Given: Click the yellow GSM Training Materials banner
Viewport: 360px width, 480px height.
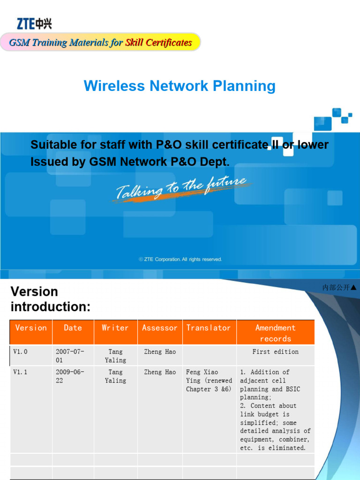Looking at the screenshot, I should coord(100,43).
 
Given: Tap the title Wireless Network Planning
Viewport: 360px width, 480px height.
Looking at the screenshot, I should coord(180,86).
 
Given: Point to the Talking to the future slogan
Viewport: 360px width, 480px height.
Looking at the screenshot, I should coord(181,188).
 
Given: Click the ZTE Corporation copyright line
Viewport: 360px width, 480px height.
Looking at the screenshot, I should coord(180,259).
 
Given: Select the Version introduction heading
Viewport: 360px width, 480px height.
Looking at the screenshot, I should coord(50,299).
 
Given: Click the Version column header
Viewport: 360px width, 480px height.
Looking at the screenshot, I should coord(31,328).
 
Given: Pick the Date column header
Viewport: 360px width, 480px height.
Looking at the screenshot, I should coord(73,328).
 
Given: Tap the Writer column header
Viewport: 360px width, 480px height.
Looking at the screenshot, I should coord(115,328).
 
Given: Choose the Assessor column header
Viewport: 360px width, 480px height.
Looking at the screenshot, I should coord(159,328).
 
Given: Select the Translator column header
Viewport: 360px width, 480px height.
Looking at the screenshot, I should coord(209,328).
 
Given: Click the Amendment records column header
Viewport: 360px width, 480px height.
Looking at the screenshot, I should coord(276,333).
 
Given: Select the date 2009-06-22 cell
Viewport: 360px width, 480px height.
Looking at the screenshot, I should coord(70,376).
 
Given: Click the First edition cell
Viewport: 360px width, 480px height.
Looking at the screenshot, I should coord(276,352).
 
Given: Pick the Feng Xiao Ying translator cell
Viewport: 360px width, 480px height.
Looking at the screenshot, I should coord(209,381).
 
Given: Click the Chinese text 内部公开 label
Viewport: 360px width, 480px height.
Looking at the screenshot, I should coord(336,287).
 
